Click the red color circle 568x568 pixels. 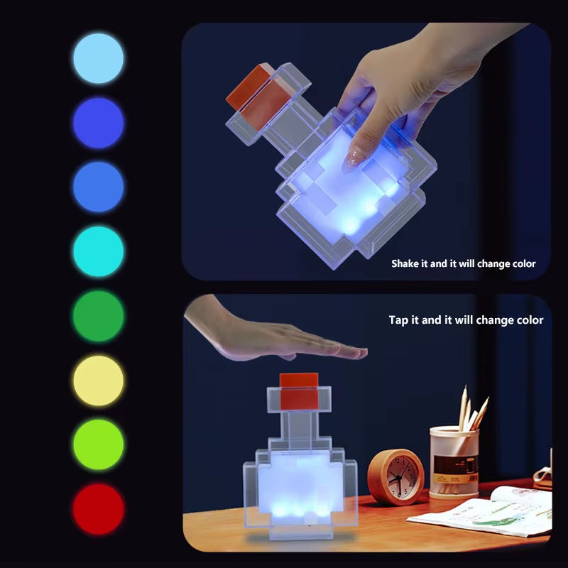pos(98,509)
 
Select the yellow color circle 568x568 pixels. pos(98,381)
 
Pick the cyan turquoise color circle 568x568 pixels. pos(98,251)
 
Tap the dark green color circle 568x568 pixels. pos(98,316)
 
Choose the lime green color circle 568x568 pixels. pos(98,444)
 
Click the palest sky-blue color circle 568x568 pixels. pos(98,58)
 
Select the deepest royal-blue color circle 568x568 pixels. pos(98,123)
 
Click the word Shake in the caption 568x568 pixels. pos(406,263)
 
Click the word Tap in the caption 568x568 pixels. pos(398,320)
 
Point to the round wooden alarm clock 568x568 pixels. pos(395,477)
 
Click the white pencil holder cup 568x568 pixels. pos(454,461)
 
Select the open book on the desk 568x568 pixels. pos(490,513)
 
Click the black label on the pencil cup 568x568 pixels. pos(455,466)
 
